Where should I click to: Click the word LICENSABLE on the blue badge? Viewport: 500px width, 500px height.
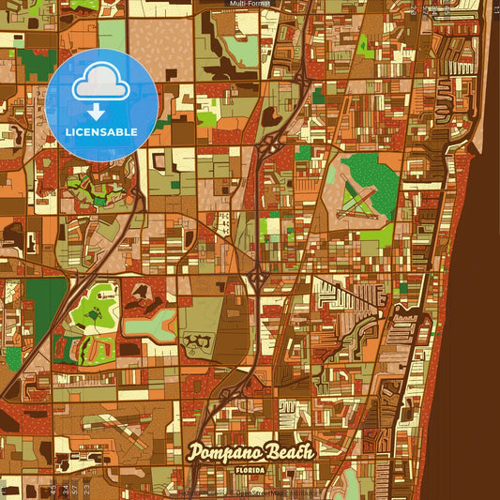(x=101, y=131)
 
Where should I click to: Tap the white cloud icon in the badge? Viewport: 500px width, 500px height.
(x=101, y=82)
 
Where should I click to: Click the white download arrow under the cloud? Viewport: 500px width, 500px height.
(x=97, y=112)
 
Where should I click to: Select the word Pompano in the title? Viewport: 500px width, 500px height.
(x=226, y=449)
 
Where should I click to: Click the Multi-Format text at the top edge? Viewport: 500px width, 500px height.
(x=250, y=4)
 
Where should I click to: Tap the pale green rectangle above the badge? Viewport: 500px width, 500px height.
(x=113, y=35)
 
